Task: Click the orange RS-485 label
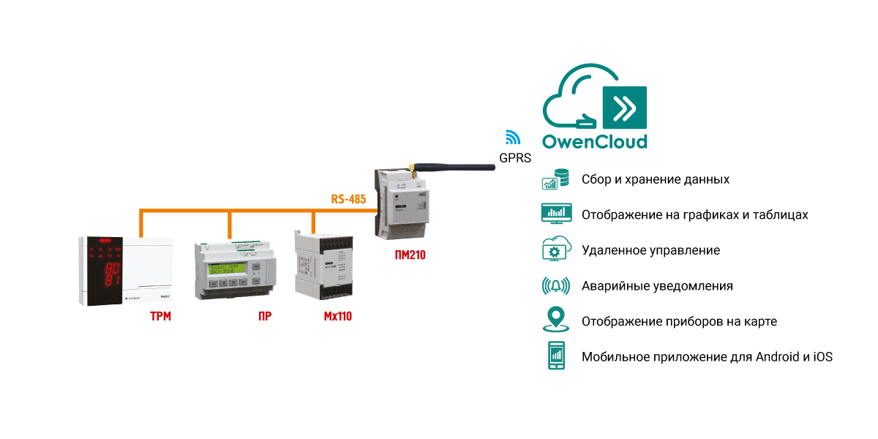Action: coord(348,198)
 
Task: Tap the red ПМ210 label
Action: coord(409,255)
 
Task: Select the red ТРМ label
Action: coord(160,317)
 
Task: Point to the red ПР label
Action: coord(264,317)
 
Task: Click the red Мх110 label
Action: coord(337,317)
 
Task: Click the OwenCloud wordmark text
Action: coord(594,140)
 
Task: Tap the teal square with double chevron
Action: coord(624,108)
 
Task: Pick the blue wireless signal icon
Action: coord(513,137)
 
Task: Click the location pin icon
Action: coord(556,320)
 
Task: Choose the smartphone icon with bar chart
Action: coord(556,356)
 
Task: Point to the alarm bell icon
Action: coord(556,285)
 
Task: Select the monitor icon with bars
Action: coord(556,214)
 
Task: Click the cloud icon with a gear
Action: coord(556,249)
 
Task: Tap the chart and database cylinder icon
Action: coord(555,179)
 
